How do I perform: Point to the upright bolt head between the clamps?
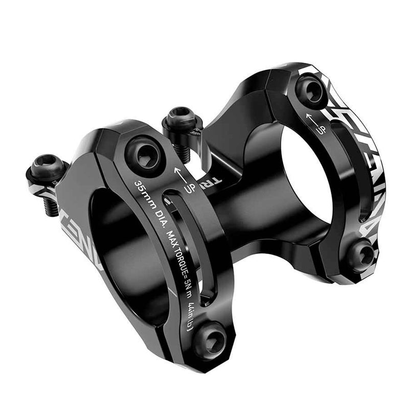[x=179, y=119]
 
